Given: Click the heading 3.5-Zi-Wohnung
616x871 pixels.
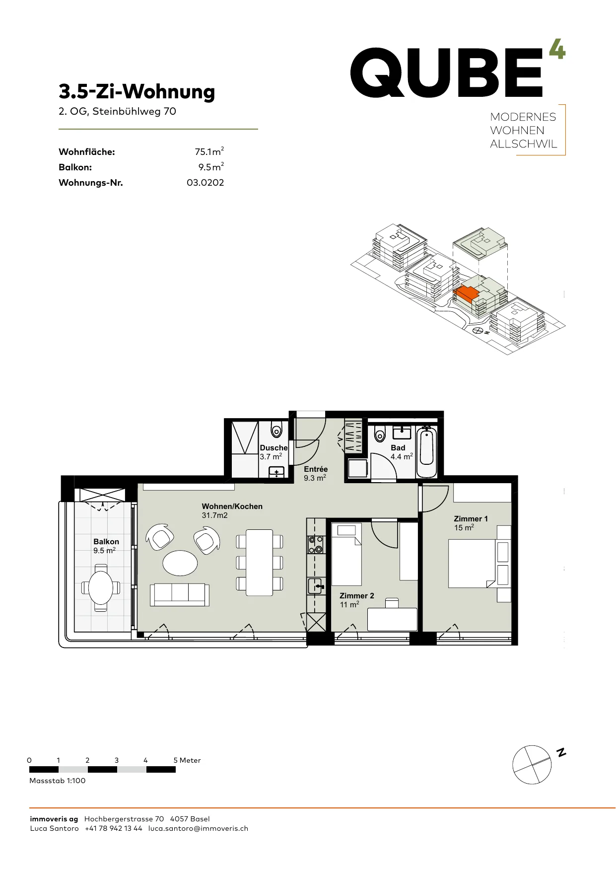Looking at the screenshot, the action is tap(137, 91).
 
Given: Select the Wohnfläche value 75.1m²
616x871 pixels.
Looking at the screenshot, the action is tap(209, 151).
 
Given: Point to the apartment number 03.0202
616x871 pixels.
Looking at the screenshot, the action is tap(205, 183).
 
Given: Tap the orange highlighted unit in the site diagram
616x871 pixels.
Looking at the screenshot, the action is tap(467, 294).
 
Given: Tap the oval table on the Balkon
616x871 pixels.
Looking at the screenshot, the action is tap(101, 588).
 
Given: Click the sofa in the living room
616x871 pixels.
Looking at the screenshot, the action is tap(180, 594).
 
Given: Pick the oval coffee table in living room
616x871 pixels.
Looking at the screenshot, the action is tap(180, 563).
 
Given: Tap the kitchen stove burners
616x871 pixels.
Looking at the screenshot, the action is tap(316, 544).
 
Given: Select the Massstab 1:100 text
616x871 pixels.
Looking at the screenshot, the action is tap(58, 781).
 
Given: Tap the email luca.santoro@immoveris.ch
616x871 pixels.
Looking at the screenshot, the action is tap(198, 828).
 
